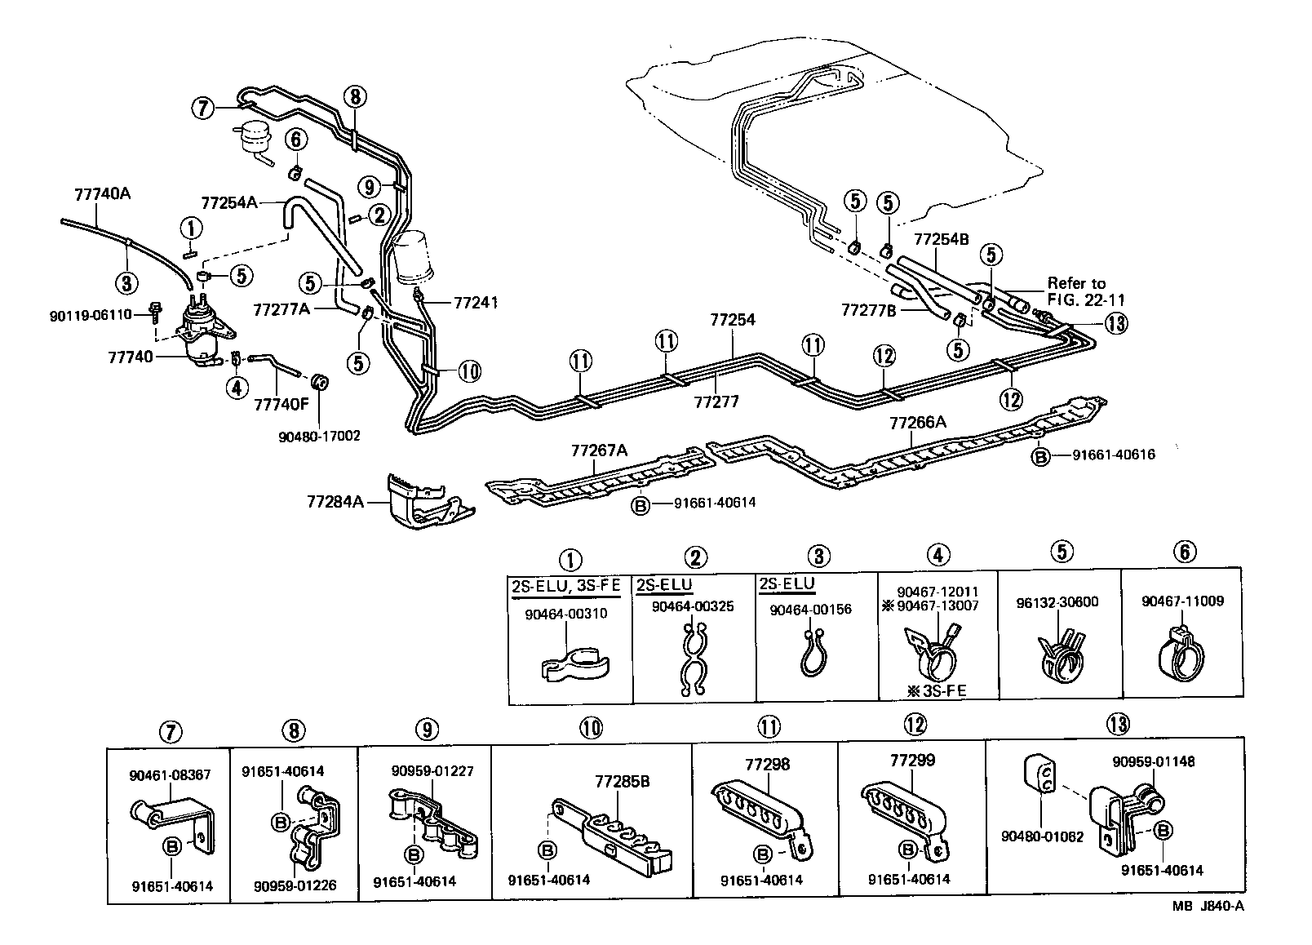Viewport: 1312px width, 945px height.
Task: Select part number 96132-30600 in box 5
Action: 1057,602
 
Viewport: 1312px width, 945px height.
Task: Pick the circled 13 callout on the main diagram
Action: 1117,323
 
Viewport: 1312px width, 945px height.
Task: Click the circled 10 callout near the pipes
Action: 469,371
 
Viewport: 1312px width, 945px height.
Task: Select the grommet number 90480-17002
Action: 319,436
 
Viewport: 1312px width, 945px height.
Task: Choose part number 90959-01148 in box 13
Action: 1154,761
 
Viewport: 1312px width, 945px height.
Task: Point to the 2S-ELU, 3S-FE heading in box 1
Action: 565,586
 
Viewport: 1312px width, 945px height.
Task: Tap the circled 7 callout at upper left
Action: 203,107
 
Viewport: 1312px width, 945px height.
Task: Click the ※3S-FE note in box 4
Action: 936,690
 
